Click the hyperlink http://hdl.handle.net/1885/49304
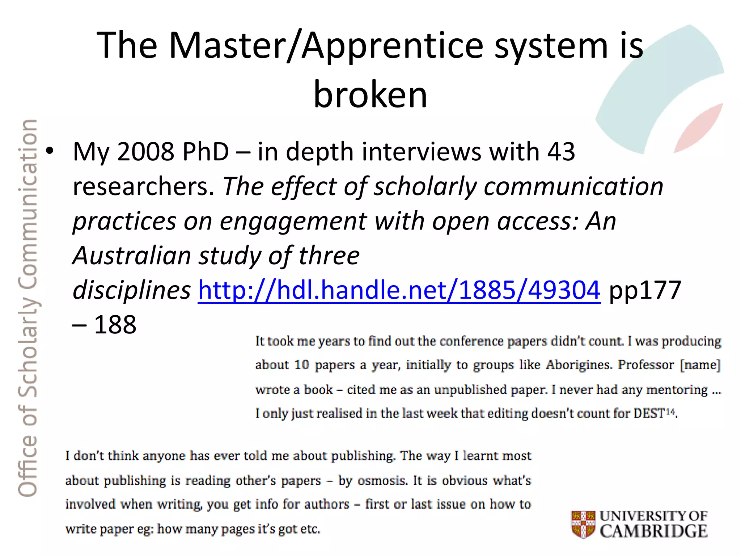point(399,290)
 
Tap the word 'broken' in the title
point(370,94)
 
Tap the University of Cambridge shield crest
point(583,524)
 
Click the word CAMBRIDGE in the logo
point(653,531)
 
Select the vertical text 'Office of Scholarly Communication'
point(28,308)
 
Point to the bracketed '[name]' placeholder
point(700,365)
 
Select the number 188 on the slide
point(115,324)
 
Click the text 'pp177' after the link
point(645,290)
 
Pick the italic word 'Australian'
point(132,256)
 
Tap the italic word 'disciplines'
point(132,290)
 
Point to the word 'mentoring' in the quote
point(677,389)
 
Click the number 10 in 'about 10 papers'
point(301,365)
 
